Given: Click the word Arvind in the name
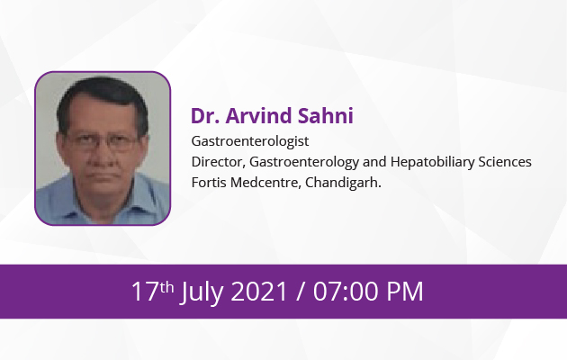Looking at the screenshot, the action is (x=259, y=116).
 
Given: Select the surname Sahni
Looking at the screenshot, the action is (x=326, y=116).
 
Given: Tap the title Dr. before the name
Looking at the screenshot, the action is (x=205, y=116).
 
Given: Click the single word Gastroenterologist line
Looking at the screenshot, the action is (x=250, y=141).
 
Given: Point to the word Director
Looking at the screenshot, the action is (x=219, y=162).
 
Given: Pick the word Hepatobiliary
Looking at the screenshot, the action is (x=432, y=162).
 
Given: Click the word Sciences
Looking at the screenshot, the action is (x=505, y=162).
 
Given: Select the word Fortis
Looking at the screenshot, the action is (x=209, y=183).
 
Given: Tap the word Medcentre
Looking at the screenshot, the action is (x=265, y=183).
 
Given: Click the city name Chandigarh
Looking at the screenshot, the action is (x=343, y=183).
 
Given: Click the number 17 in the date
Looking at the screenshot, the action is (x=145, y=291).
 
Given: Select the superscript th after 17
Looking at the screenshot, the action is (x=166, y=287).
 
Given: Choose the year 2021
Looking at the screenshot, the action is (x=259, y=291).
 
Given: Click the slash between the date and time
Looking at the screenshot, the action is (x=300, y=292).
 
